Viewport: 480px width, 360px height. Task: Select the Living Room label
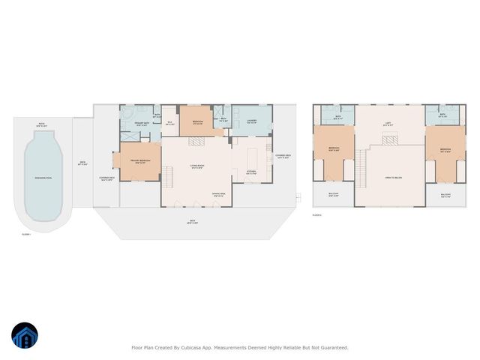pos(198,167)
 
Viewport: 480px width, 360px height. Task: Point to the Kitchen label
pos(253,171)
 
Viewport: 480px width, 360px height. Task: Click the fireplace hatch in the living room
pos(196,140)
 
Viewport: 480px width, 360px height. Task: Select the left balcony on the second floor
pos(334,196)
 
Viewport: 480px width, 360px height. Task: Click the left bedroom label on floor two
pos(334,149)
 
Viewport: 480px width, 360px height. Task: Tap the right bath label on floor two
pos(442,116)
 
